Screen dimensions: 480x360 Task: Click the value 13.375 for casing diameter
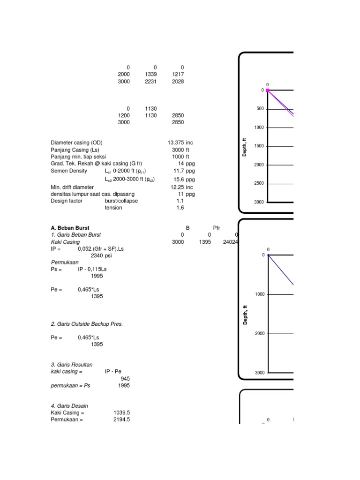tap(176, 142)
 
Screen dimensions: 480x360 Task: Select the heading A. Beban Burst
tap(70, 228)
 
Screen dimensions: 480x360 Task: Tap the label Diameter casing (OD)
tap(76, 142)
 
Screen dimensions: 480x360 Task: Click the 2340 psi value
tap(101, 256)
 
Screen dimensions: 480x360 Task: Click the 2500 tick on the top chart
tap(259, 184)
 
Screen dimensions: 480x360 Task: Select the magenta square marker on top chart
tap(268, 90)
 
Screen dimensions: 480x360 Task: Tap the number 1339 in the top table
tap(151, 75)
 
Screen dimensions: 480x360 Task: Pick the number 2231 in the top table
tap(151, 82)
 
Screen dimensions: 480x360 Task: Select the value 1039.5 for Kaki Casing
tap(121, 413)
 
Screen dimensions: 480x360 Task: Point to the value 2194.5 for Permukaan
tap(121, 420)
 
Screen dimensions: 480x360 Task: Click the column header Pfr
tap(217, 228)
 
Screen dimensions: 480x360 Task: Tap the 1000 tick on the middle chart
tap(260, 294)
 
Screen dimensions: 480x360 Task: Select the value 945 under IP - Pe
tap(125, 378)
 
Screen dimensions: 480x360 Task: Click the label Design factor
tap(67, 201)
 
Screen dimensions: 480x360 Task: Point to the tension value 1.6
tap(180, 208)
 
